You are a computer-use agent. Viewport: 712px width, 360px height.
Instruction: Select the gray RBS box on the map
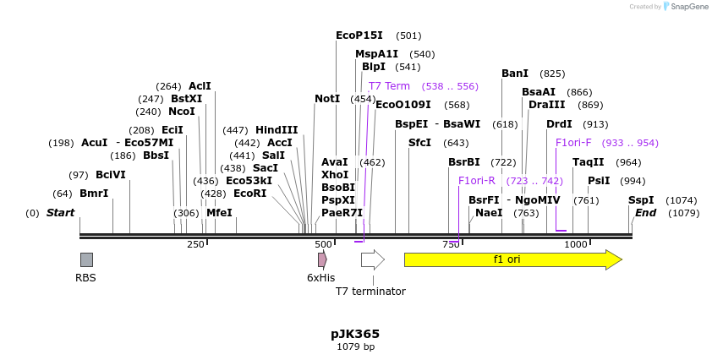pyautogui.click(x=86, y=259)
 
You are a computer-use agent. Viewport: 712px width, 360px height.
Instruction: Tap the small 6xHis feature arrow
pyautogui.click(x=322, y=259)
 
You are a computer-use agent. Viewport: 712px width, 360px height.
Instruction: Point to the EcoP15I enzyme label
pyautogui.click(x=359, y=35)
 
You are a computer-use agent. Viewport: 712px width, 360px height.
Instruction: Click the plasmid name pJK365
pyautogui.click(x=355, y=334)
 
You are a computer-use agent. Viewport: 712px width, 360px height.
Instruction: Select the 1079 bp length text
pyautogui.click(x=355, y=346)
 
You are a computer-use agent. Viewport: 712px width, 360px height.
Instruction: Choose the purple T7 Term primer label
pyautogui.click(x=389, y=86)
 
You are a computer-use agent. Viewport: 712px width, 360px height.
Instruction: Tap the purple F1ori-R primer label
pyautogui.click(x=477, y=181)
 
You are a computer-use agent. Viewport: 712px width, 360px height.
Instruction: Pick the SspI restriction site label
pyautogui.click(x=641, y=200)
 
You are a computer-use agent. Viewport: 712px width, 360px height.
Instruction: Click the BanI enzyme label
pyautogui.click(x=515, y=74)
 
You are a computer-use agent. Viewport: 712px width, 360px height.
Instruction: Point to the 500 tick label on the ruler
pyautogui.click(x=324, y=244)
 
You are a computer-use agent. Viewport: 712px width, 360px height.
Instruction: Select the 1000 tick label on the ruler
pyautogui.click(x=576, y=244)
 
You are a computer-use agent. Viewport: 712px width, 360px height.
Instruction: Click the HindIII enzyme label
pyautogui.click(x=277, y=130)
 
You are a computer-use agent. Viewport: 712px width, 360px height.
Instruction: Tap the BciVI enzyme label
pyautogui.click(x=111, y=175)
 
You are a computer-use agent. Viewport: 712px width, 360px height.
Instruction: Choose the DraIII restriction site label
pyautogui.click(x=547, y=105)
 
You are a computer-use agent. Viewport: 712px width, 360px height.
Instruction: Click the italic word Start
pyautogui.click(x=60, y=213)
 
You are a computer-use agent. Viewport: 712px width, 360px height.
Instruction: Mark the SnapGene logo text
pyautogui.click(x=690, y=7)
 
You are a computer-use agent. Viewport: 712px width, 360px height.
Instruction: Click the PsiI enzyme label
pyautogui.click(x=599, y=181)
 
